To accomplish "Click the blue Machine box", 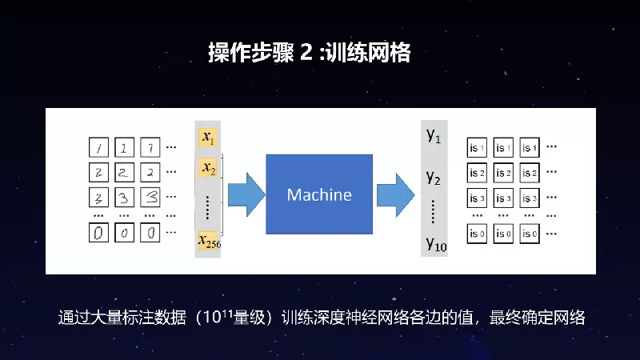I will coord(319,194).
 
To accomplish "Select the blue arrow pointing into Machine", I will coord(245,194).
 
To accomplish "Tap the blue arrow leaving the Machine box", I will coord(395,194).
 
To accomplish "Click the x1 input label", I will coord(208,138).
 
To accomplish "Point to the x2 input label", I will coord(208,168).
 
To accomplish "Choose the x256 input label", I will coord(209,242).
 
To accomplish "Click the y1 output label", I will coord(434,136).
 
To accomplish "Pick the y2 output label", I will coord(434,177).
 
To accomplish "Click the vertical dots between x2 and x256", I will coord(208,206).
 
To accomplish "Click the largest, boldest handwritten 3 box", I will coord(150,197).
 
